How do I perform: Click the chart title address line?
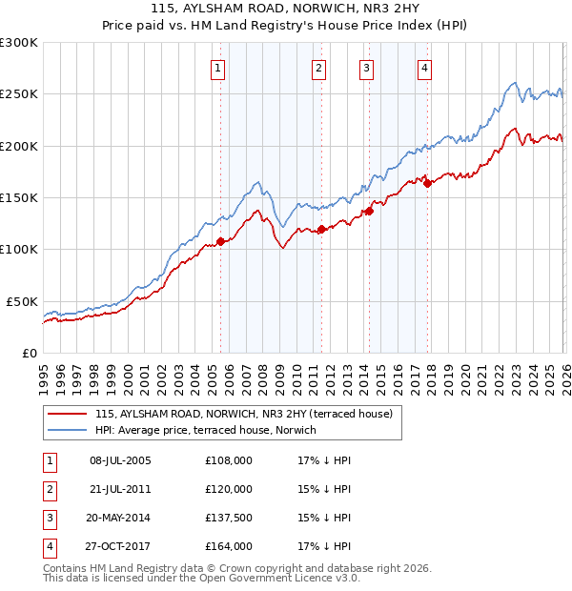click(286, 8)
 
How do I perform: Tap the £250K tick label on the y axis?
click(18, 94)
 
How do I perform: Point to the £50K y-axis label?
click(22, 301)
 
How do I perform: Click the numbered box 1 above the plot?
click(218, 68)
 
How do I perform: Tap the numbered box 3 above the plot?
click(366, 68)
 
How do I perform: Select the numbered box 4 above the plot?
click(423, 68)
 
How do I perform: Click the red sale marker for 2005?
click(220, 241)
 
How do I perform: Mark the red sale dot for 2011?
click(322, 229)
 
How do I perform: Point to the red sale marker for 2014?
click(369, 212)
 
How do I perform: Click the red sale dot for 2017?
click(427, 183)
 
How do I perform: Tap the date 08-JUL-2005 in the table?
click(120, 460)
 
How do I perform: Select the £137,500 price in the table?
click(229, 518)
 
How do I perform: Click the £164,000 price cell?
click(229, 546)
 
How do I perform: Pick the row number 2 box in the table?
click(48, 489)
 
